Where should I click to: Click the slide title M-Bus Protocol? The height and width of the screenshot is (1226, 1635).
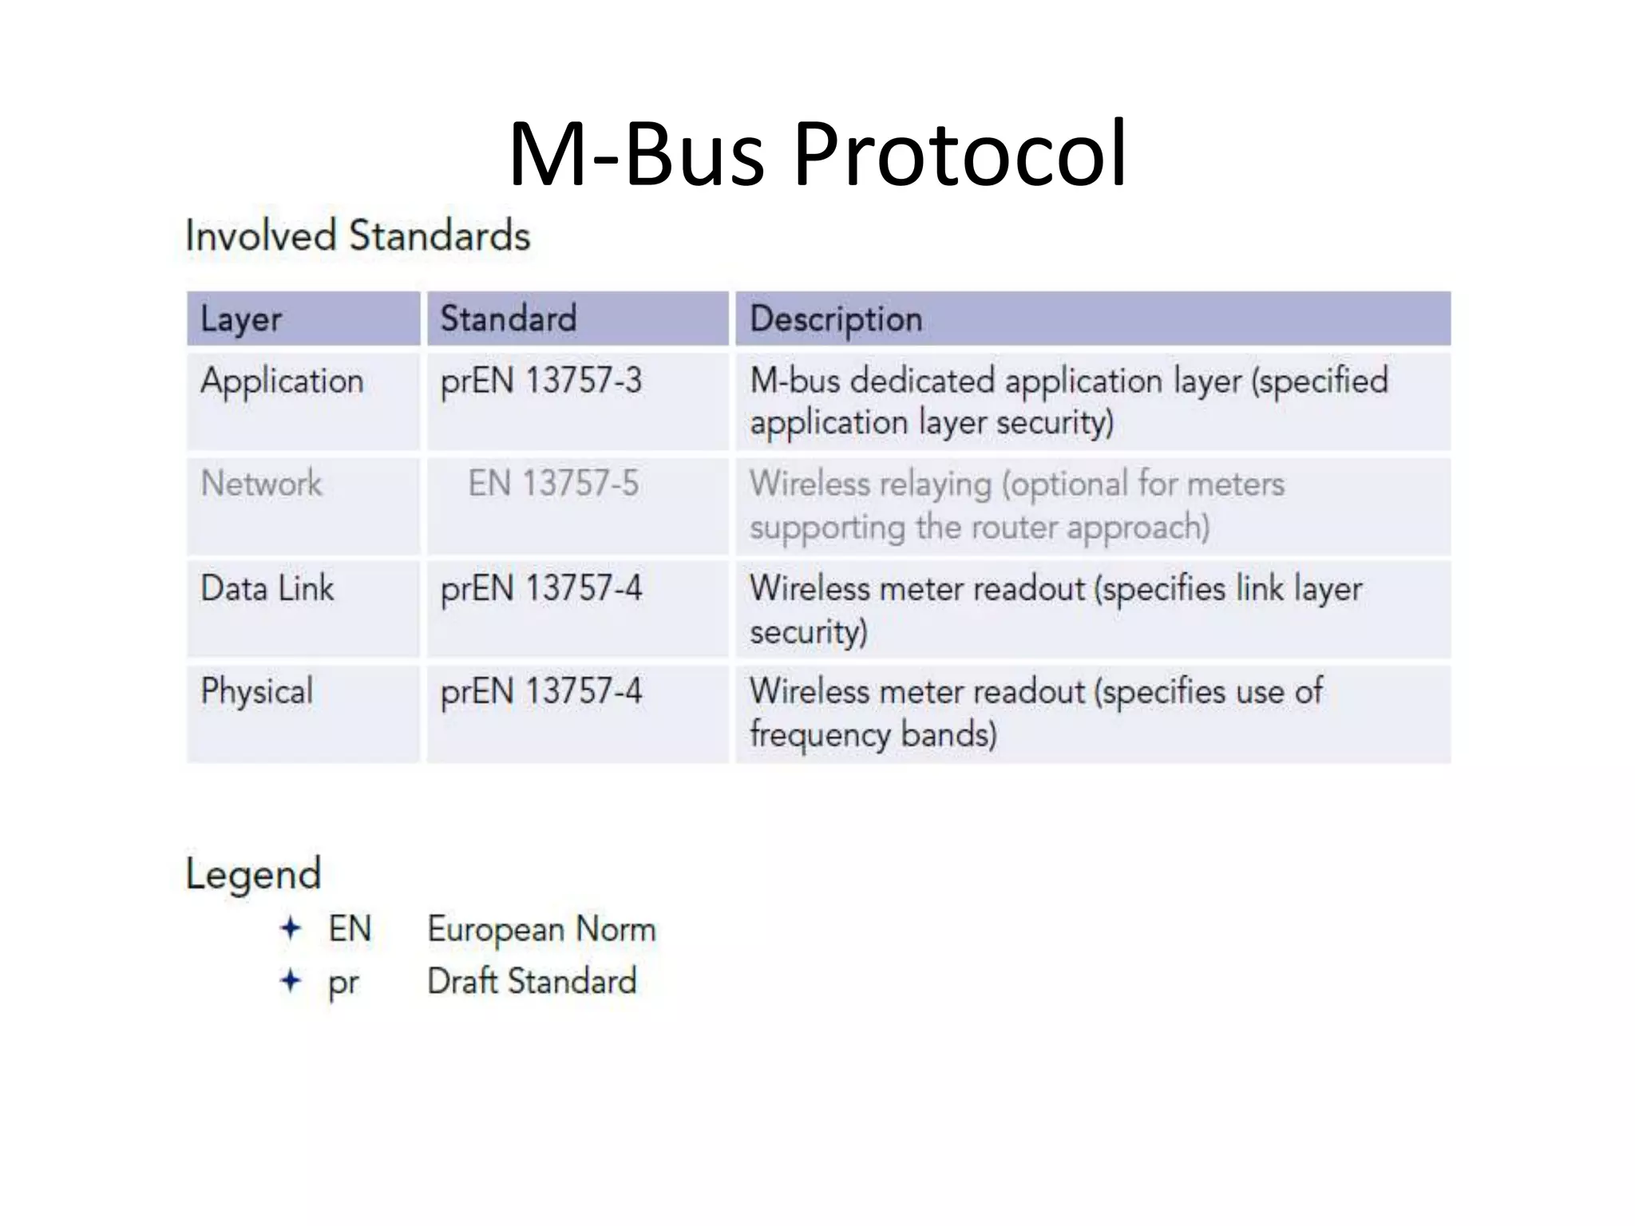point(817,153)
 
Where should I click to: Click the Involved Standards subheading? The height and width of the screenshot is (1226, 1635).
point(358,236)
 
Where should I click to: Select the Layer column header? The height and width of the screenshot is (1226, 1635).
point(241,319)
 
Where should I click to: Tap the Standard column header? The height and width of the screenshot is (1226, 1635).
point(508,318)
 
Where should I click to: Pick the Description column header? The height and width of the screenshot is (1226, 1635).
point(836,319)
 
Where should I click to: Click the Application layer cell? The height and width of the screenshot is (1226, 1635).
point(282,381)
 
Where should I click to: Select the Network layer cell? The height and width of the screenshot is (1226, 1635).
point(261,484)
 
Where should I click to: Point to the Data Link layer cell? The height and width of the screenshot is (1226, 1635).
point(267,588)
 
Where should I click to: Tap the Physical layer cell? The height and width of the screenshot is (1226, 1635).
point(256,691)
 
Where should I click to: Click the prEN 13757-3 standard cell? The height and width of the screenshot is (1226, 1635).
point(540,381)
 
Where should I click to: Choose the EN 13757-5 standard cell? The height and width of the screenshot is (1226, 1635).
point(552,484)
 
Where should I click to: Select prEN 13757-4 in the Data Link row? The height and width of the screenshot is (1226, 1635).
point(540,588)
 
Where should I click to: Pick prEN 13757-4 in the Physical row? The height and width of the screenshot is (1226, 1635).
point(540,691)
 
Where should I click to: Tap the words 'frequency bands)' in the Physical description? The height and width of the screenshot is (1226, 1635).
point(873,734)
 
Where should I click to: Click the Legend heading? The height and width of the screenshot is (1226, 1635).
point(253,874)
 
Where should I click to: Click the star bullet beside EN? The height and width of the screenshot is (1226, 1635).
point(291,928)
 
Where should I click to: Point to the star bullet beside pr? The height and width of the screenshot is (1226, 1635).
point(291,980)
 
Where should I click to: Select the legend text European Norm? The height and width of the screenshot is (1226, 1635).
point(541,929)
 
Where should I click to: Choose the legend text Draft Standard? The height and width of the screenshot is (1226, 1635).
point(532,981)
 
